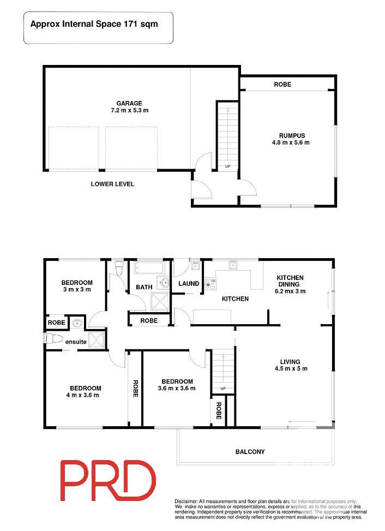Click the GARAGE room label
click(129, 103)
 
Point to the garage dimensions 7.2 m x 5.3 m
click(129, 110)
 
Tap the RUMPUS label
click(291, 136)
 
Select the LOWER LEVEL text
click(112, 184)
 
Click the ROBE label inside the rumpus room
click(282, 85)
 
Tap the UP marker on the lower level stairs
click(227, 166)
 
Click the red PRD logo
click(107, 481)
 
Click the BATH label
click(144, 287)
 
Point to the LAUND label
click(188, 284)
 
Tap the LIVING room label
click(290, 361)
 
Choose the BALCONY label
click(250, 452)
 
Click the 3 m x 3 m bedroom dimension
click(76, 289)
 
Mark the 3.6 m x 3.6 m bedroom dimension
click(177, 388)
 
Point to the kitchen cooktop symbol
click(210, 284)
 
